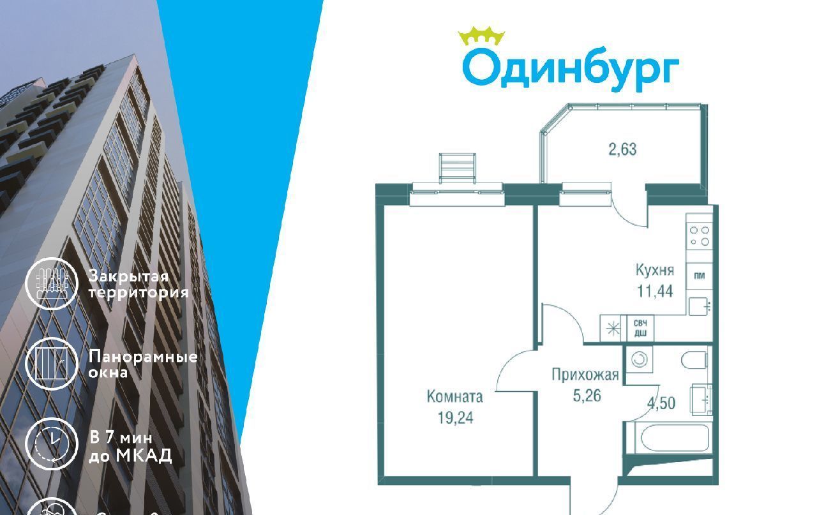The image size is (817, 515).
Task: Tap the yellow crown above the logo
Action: (482, 36)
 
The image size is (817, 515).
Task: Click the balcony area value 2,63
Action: (622, 150)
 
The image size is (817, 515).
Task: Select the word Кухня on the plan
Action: (654, 270)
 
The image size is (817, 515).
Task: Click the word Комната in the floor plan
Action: (454, 397)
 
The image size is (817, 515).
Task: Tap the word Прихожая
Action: (585, 375)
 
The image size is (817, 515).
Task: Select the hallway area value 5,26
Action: (585, 396)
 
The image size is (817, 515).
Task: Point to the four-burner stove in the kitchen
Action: (699, 236)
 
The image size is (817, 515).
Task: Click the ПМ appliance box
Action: (699, 276)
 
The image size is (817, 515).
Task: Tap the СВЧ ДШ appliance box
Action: (640, 328)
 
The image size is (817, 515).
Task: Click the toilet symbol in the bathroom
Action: (694, 361)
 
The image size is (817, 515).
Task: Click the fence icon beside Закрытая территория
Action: (51, 284)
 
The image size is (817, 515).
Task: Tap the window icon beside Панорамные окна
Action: (51, 364)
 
